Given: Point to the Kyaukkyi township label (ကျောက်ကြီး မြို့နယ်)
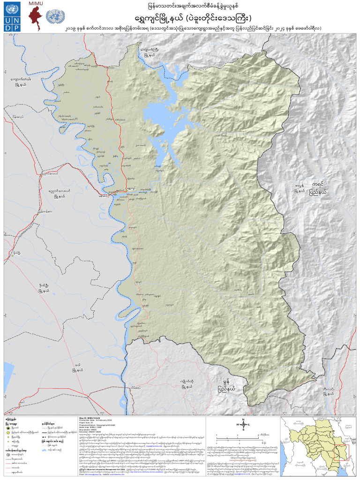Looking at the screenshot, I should tap(152, 51).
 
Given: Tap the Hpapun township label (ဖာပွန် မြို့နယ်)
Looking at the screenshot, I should tap(300, 189).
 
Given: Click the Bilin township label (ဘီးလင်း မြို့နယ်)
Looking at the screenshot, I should tap(325, 391).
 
